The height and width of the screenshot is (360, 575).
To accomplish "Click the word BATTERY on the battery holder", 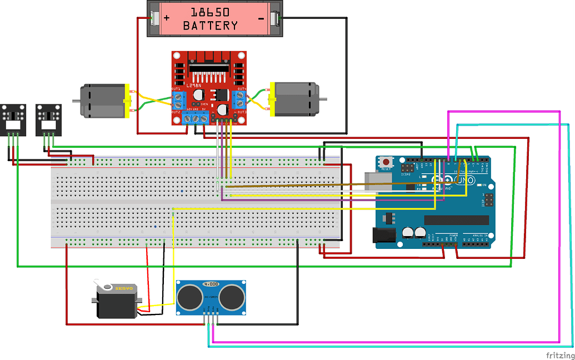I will [x=210, y=26].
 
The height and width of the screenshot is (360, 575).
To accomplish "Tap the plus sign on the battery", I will [x=166, y=18].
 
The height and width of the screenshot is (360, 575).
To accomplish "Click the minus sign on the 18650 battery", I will [x=261, y=18].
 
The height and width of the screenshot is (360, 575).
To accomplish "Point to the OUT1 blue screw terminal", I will [x=179, y=101].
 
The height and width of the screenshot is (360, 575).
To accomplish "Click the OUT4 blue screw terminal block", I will [x=241, y=100].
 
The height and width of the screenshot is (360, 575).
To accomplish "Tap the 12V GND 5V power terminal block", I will [x=197, y=118].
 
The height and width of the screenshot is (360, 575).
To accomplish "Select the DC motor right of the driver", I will [x=294, y=99].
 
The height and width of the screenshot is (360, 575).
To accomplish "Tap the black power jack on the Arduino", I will [x=384, y=235].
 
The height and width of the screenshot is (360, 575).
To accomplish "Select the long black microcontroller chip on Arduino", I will [x=456, y=220].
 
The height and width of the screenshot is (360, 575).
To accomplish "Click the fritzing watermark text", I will [x=559, y=354].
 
